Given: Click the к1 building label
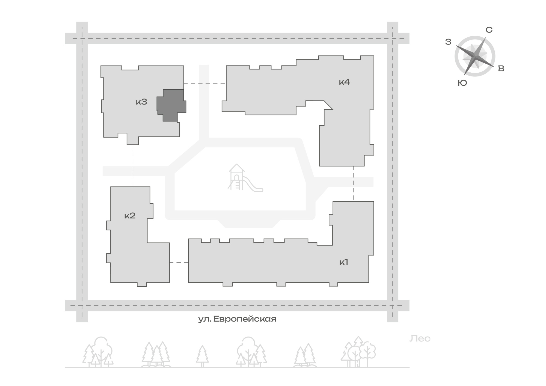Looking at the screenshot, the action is click(x=344, y=262).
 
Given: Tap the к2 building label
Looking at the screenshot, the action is click(x=130, y=216).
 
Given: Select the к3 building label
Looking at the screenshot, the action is click(x=141, y=102).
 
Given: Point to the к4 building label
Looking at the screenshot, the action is click(x=345, y=82).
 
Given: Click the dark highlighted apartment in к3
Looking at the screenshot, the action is click(x=171, y=105).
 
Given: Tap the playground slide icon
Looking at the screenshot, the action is click(x=245, y=178).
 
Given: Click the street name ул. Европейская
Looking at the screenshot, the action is click(x=237, y=319).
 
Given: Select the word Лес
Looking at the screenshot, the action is click(x=420, y=339).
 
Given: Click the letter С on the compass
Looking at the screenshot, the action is click(x=489, y=30).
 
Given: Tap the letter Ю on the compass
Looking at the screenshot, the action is click(x=462, y=83).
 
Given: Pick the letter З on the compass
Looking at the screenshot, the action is click(x=448, y=42).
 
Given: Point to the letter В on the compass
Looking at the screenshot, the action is click(x=501, y=69).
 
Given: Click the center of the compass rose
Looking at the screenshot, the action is click(x=475, y=56).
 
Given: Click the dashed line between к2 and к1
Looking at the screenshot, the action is click(x=179, y=262).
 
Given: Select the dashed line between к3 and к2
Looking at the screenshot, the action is click(x=133, y=165).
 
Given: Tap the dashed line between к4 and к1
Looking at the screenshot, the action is click(x=353, y=183).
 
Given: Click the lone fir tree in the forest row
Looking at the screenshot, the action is click(x=202, y=356).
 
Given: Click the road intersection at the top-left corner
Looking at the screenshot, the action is click(x=82, y=38).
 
